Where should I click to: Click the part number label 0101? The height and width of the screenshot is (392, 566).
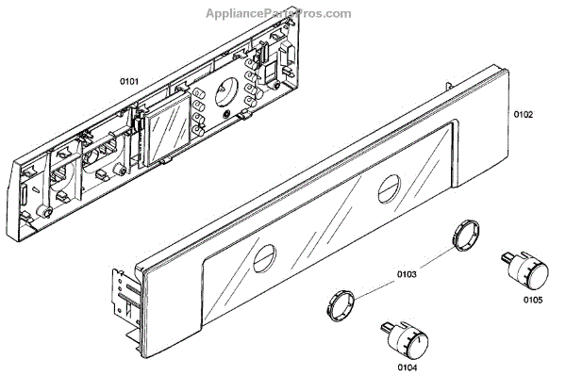[x=129, y=82]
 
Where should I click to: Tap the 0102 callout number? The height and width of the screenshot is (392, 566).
[x=524, y=115]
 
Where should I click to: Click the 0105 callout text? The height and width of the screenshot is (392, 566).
[x=532, y=302]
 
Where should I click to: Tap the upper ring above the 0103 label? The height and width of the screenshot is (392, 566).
[x=463, y=234]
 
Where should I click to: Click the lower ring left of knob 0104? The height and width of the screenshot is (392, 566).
[x=342, y=306]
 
